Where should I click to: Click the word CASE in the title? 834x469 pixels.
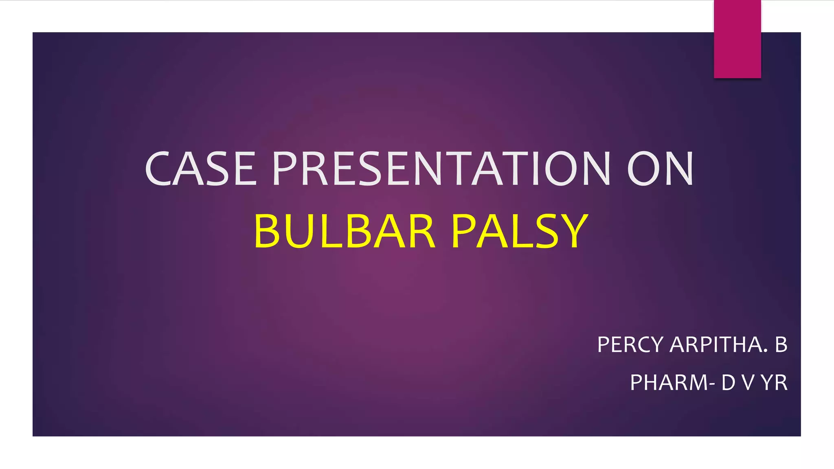coord(201,169)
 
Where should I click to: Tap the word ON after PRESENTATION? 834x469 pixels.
coord(660,169)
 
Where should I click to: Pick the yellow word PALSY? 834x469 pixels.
coord(520,231)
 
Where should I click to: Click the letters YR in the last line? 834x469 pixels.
coord(774,383)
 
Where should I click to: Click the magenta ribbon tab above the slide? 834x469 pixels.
coord(737,39)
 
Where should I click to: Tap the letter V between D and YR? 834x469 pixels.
coord(748,383)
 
